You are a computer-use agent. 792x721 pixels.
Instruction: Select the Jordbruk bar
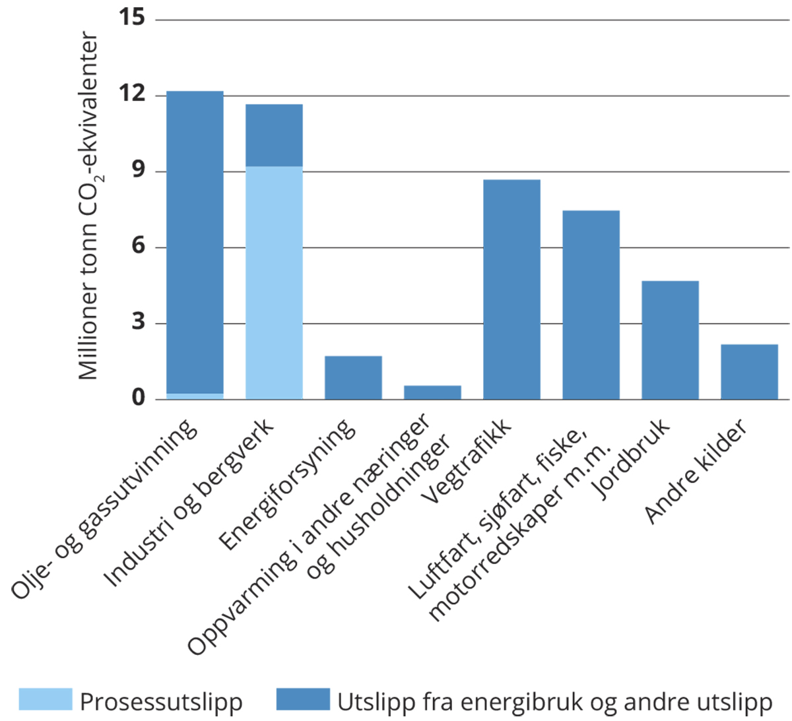point(670,340)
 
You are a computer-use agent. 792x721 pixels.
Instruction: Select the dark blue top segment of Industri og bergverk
point(274,135)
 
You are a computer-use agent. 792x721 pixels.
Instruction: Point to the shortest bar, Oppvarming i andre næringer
point(432,392)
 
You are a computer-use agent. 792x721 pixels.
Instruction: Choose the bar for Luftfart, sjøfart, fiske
point(591,304)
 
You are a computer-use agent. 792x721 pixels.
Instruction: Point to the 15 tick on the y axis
point(132,18)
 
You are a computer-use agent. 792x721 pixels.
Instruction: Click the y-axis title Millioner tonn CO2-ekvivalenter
point(89,206)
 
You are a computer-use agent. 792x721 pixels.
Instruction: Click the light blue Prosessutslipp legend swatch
point(45,699)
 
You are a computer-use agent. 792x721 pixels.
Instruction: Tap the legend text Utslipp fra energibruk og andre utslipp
point(554,702)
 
